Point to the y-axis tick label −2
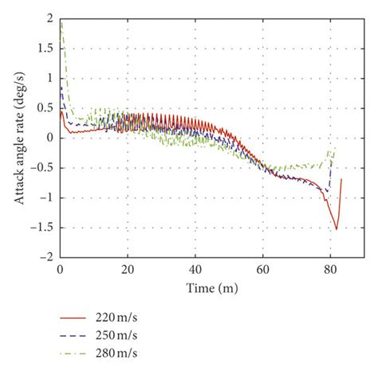(x=49, y=258)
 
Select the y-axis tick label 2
(x=52, y=18)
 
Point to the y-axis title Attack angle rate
(x=18, y=137)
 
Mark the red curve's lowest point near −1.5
(x=337, y=229)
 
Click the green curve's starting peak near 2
(x=61, y=21)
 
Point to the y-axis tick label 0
(x=52, y=138)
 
